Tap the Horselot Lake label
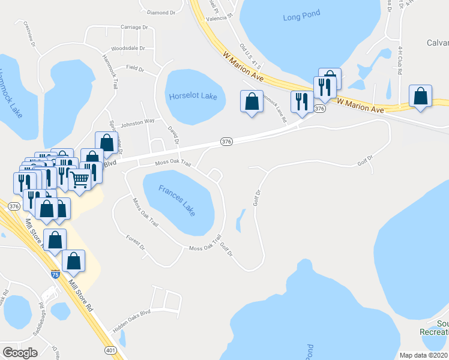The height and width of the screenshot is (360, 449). [193, 95]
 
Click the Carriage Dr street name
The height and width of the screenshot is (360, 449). [134, 27]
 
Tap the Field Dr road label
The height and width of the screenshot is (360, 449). [135, 69]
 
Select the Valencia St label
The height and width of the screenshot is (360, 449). [219, 19]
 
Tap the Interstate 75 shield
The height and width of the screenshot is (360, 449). [55, 274]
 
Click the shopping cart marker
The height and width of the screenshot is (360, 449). [79, 178]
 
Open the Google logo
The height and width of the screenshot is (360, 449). [20, 353]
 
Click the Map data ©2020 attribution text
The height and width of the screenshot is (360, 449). [424, 355]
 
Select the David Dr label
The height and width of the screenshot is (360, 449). [173, 136]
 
